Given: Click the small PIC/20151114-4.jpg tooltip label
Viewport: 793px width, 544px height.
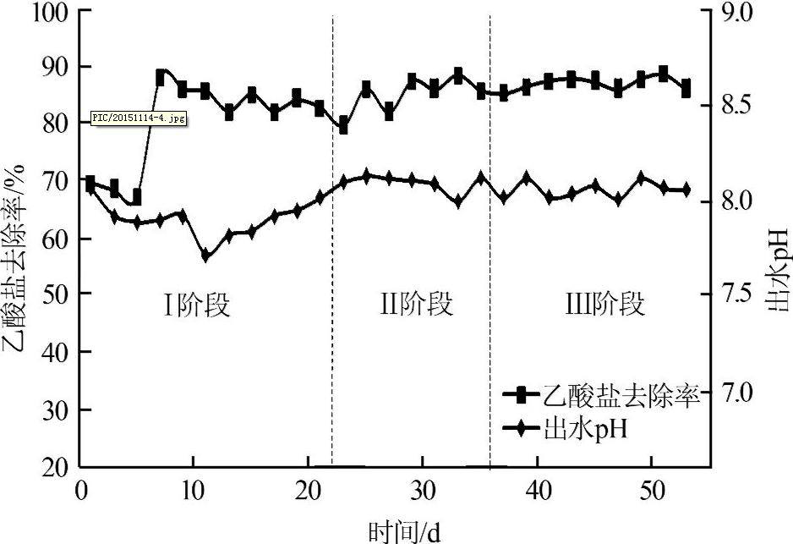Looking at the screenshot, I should pos(139,119).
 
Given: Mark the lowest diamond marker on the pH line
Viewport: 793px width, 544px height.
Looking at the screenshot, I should pos(205,255).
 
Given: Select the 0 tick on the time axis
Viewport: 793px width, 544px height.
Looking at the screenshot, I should pos(81,492).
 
